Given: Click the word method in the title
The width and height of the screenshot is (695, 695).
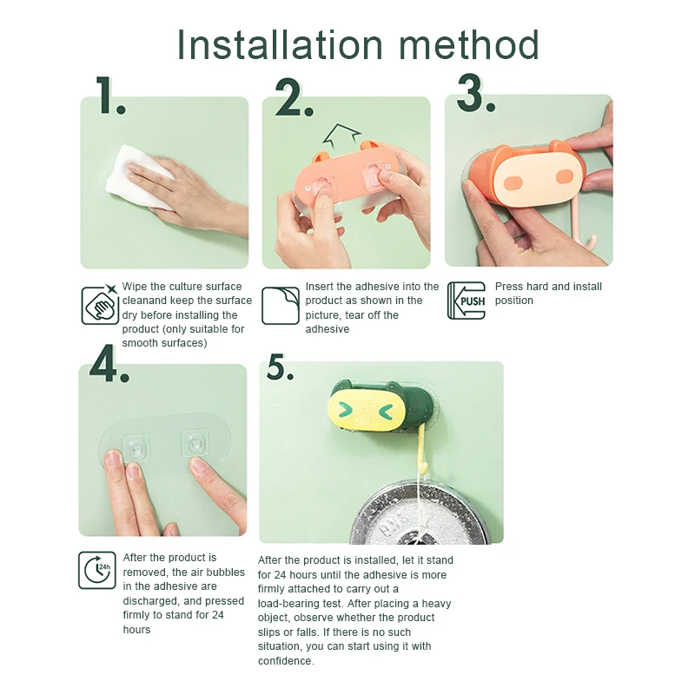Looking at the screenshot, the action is [x=469, y=44].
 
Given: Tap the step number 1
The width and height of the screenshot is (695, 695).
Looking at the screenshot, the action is [x=110, y=96].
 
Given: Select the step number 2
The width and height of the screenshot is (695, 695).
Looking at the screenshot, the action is [x=294, y=97].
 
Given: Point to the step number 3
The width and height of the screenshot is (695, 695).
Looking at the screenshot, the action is [x=475, y=93].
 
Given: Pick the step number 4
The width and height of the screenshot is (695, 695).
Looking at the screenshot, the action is [x=109, y=363].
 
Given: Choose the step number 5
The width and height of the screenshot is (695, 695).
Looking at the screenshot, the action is [x=280, y=367].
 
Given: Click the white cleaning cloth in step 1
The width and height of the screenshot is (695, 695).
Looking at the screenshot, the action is [x=137, y=175].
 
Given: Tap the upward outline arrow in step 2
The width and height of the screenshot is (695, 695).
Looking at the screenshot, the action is [x=341, y=136].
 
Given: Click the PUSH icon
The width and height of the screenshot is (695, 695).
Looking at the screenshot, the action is [x=467, y=301].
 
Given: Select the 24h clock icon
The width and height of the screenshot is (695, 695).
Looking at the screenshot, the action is [x=97, y=570].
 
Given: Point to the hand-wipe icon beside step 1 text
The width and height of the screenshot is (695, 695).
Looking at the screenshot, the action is [x=100, y=305].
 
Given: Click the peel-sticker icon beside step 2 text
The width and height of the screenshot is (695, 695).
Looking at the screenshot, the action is [x=280, y=306].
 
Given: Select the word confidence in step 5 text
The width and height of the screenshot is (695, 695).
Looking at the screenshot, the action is [x=286, y=661].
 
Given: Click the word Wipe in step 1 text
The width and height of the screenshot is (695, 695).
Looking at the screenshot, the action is [x=134, y=287].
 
